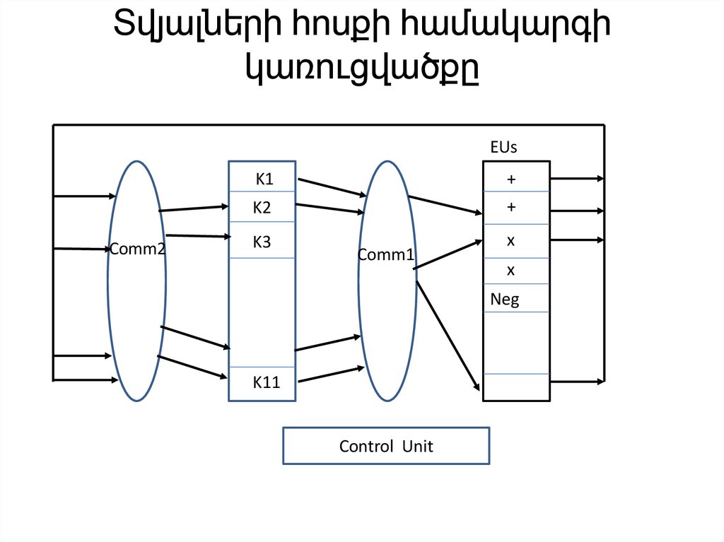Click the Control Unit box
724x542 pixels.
(x=386, y=446)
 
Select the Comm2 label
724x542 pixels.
(x=137, y=248)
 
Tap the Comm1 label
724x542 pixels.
(x=385, y=255)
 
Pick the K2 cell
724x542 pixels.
(x=262, y=207)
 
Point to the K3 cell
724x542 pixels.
(x=262, y=242)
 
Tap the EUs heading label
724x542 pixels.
(x=504, y=148)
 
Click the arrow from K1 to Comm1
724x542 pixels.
(x=330, y=187)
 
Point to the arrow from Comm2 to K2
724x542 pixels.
(x=192, y=208)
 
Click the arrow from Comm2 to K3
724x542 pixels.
(x=195, y=236)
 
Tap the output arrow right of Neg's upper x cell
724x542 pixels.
(x=577, y=240)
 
